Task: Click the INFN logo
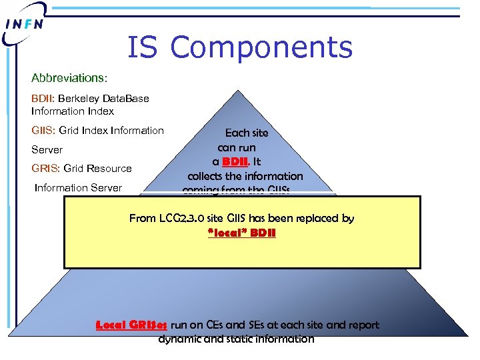pyautogui.click(x=25, y=24)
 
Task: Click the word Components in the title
pyautogui.click(x=261, y=48)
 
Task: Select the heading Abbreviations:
pyautogui.click(x=69, y=79)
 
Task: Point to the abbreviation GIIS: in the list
pyautogui.click(x=44, y=131)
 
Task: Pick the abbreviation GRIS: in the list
pyautogui.click(x=46, y=169)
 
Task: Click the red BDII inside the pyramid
pyautogui.click(x=236, y=161)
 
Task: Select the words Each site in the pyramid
pyautogui.click(x=246, y=133)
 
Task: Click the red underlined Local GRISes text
pyautogui.click(x=132, y=325)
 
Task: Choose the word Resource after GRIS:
pyautogui.click(x=107, y=169)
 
